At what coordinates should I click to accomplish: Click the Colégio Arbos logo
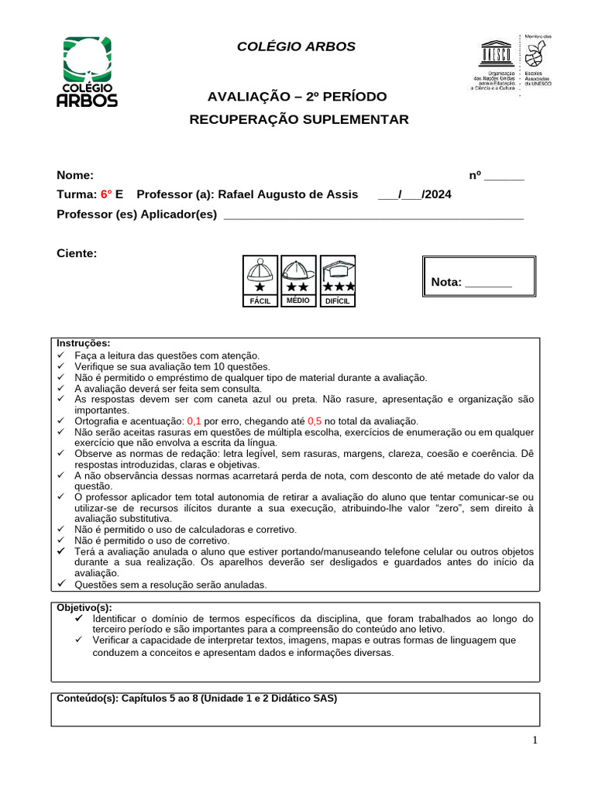88,71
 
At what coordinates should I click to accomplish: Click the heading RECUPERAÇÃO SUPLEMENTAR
299,119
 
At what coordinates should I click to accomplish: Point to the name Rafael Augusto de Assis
288,194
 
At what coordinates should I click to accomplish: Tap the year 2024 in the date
437,194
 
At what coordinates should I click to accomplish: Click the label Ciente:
77,253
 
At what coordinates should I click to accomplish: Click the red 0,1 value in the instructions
194,421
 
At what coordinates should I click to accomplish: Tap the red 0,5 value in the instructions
315,421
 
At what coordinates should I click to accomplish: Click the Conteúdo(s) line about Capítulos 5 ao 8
197,698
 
